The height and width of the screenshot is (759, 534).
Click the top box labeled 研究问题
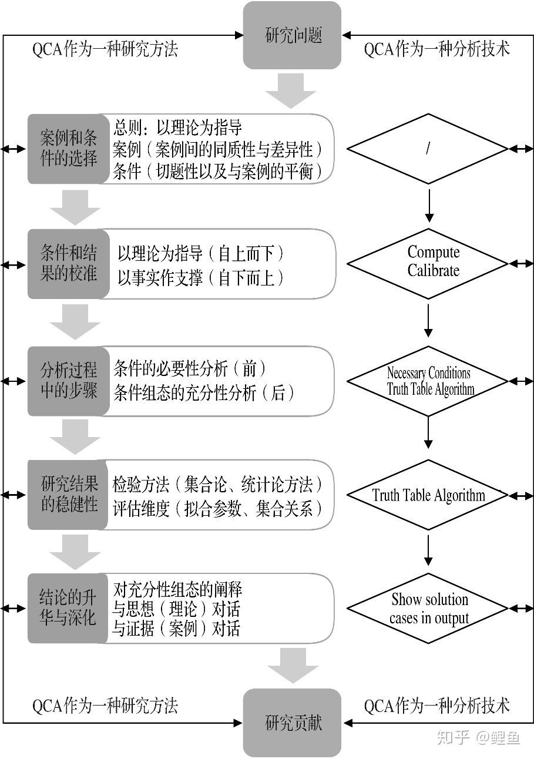click(x=292, y=35)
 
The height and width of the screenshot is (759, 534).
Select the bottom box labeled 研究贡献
click(x=292, y=723)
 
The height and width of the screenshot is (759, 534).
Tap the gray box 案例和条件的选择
click(x=68, y=149)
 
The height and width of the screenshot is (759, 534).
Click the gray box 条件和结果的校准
click(x=68, y=264)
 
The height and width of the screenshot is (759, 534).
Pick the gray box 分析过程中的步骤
click(x=68, y=381)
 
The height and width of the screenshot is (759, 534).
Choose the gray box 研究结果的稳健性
click(x=68, y=495)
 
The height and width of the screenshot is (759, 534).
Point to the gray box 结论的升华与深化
click(x=68, y=609)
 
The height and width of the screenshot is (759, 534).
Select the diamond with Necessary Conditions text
click(x=428, y=381)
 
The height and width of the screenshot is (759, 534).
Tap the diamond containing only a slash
click(x=428, y=149)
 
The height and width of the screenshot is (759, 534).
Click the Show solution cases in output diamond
click(x=428, y=609)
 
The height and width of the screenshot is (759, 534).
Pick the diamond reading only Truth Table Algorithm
click(x=428, y=495)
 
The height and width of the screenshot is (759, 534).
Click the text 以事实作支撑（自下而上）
click(x=200, y=277)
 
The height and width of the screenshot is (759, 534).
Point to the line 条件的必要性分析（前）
click(x=190, y=369)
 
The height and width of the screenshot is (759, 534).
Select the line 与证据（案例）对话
click(x=176, y=629)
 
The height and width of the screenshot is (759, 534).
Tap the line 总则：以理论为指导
click(x=177, y=127)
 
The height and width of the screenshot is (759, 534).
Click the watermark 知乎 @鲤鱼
click(x=478, y=737)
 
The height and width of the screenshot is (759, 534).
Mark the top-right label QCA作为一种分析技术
click(x=437, y=49)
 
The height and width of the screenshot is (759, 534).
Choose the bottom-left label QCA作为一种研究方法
click(x=105, y=705)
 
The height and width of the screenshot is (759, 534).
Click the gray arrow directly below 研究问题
click(x=292, y=92)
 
